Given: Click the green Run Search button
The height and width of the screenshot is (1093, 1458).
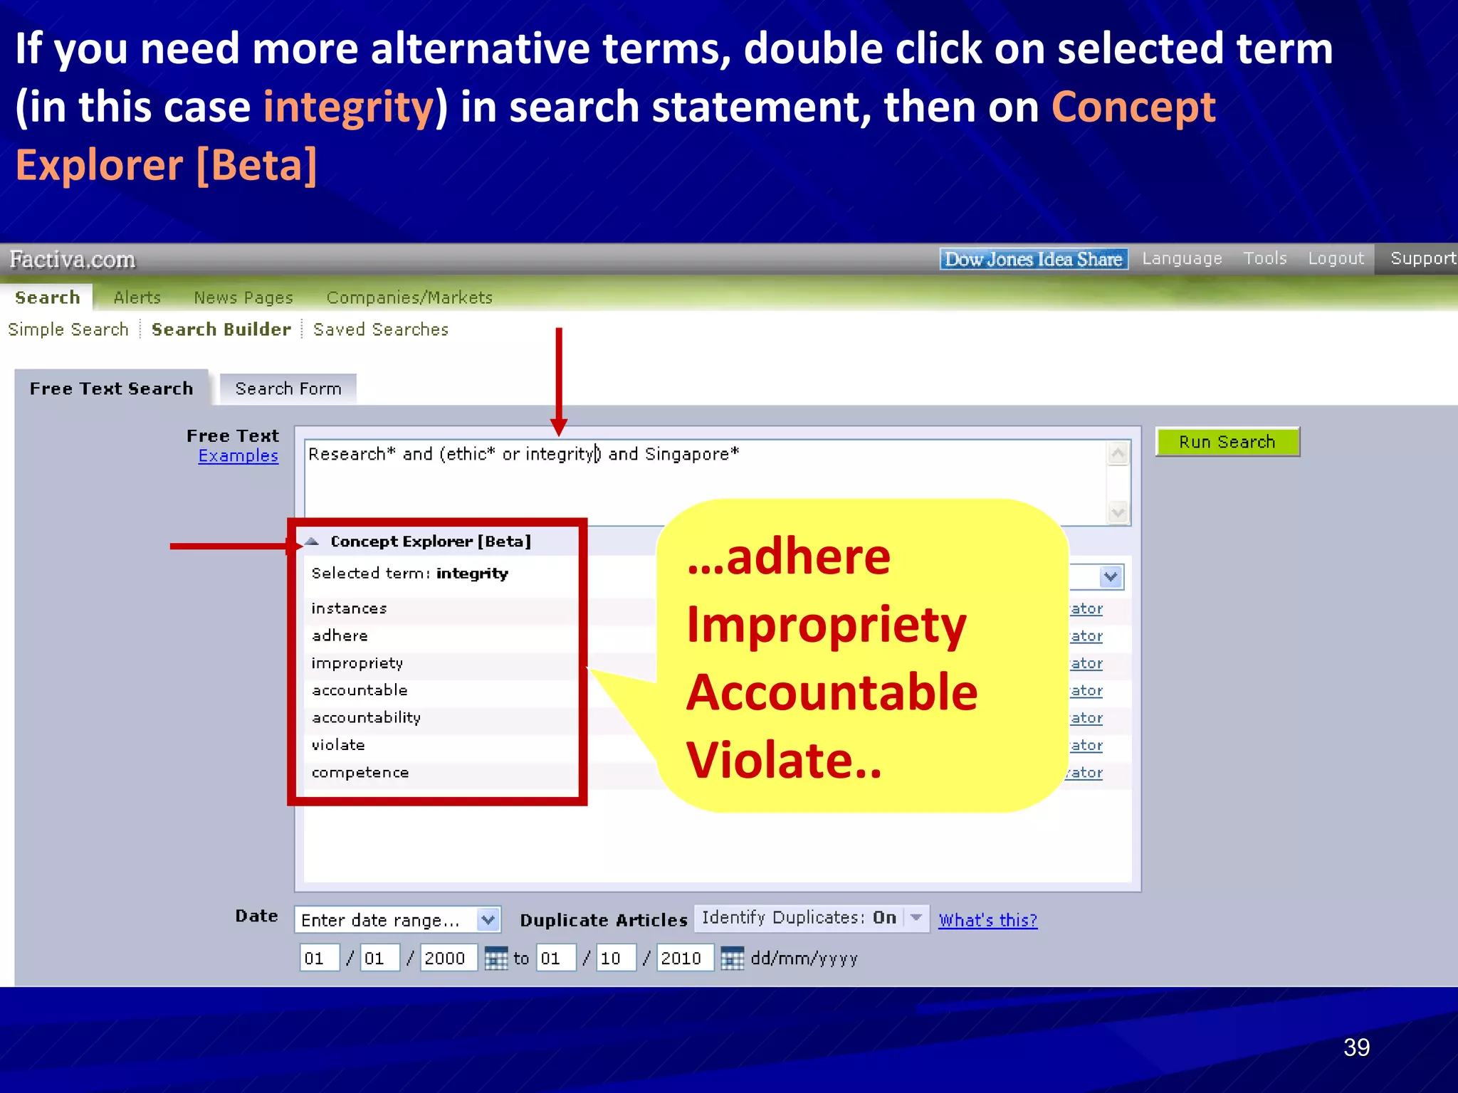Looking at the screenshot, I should click(x=1227, y=442).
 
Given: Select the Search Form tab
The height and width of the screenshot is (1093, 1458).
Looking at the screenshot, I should click(x=288, y=389).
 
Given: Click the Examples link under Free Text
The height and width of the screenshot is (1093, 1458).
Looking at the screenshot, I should click(x=238, y=456).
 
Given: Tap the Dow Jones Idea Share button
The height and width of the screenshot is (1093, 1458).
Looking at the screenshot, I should click(x=1033, y=259).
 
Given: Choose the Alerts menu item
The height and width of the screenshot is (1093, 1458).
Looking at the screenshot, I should click(x=137, y=297).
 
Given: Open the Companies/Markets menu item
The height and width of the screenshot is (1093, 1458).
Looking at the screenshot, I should click(x=409, y=297).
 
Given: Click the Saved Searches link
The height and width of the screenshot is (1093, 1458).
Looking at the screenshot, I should click(x=381, y=329).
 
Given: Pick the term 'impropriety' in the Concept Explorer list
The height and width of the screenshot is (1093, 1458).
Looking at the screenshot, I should click(x=357, y=663).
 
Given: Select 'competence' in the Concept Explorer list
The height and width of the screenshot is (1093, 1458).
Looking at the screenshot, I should click(x=360, y=773).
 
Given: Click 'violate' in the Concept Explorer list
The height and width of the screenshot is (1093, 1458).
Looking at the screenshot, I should click(x=338, y=745).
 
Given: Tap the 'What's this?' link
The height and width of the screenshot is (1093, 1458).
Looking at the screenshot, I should click(x=987, y=920).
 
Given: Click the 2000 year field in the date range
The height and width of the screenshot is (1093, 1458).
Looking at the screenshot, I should click(x=446, y=959).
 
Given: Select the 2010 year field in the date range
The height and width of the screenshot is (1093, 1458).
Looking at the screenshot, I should click(x=682, y=959).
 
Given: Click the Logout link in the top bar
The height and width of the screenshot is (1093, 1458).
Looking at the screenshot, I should click(x=1336, y=258).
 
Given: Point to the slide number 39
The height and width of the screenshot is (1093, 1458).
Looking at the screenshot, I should click(x=1356, y=1047).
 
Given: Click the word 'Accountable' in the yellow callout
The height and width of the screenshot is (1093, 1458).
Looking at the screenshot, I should click(x=832, y=692).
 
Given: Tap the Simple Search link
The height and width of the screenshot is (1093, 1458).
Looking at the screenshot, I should click(x=68, y=329).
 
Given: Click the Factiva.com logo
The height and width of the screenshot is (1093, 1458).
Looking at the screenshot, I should click(x=73, y=260).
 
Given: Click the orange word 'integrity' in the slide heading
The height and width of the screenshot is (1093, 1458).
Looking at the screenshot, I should click(x=348, y=107).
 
